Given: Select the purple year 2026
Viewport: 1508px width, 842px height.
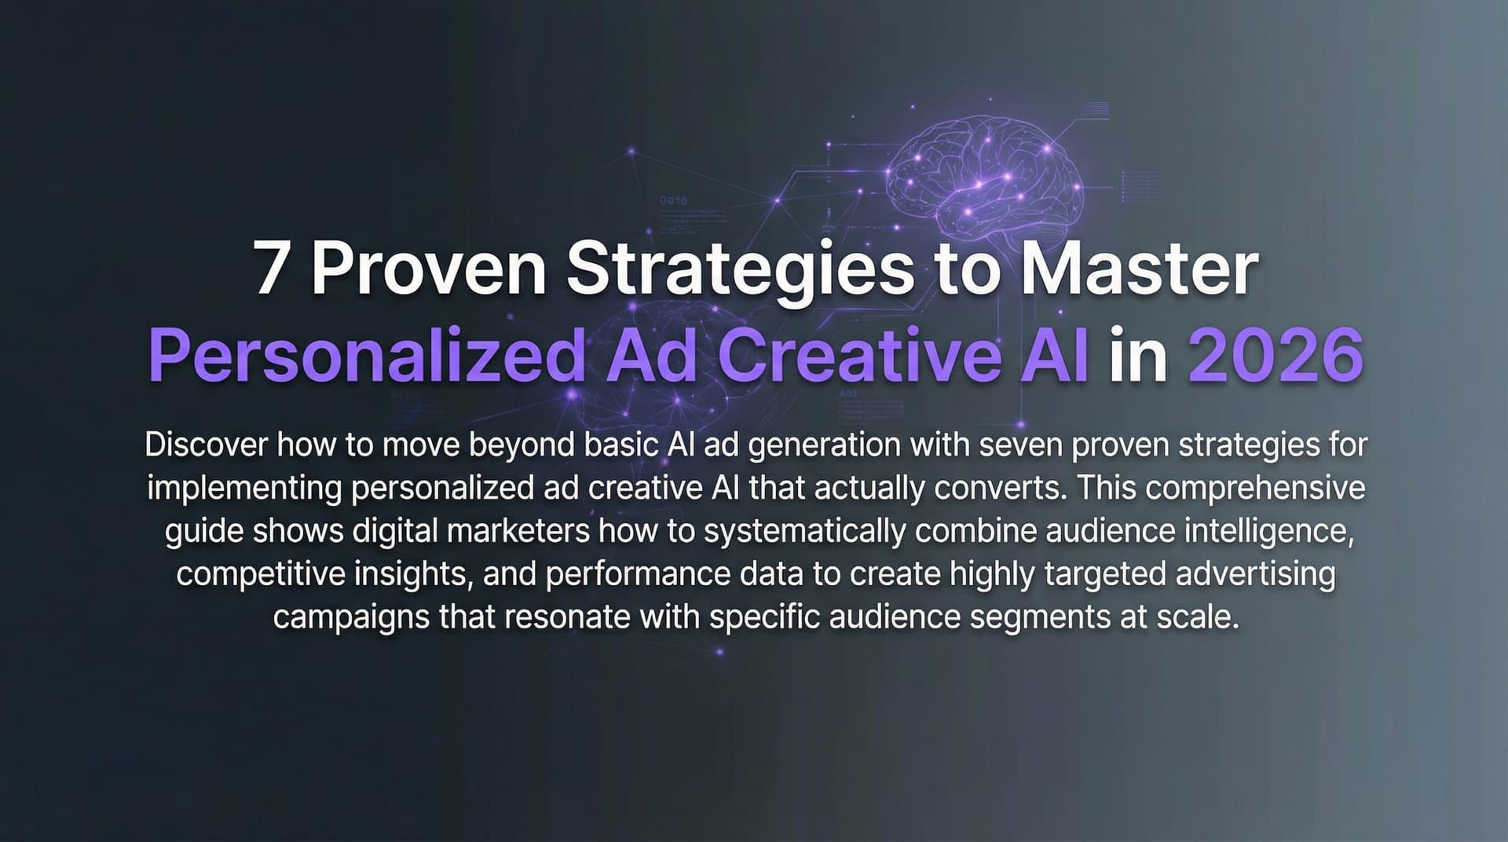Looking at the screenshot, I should (x=1276, y=356).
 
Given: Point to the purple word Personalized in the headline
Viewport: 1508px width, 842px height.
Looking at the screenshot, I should (x=366, y=357).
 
